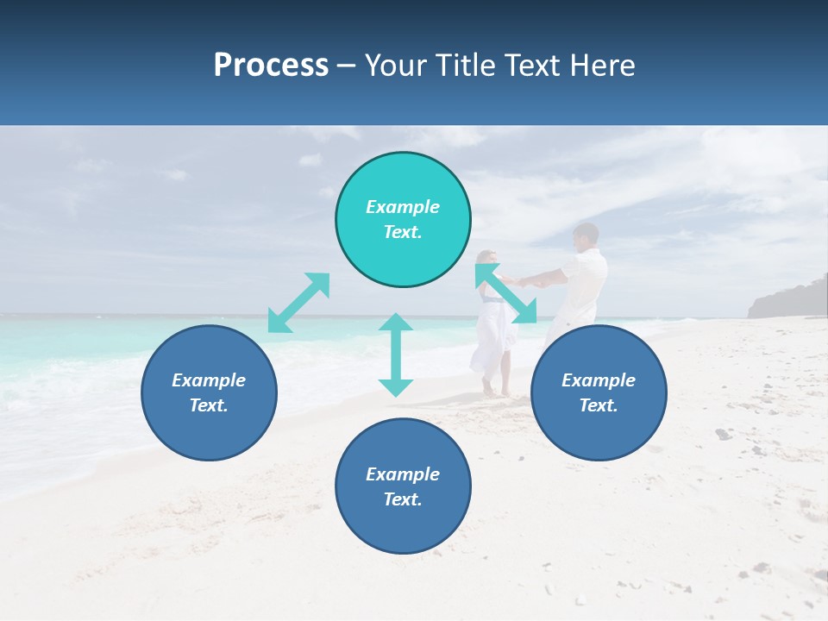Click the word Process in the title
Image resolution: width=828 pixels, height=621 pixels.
click(x=271, y=66)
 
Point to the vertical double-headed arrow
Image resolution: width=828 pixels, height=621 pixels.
click(x=396, y=354)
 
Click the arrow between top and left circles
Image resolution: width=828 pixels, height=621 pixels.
click(x=298, y=303)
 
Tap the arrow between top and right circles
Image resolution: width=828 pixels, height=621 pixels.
click(x=506, y=294)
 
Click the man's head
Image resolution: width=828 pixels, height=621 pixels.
click(x=586, y=235)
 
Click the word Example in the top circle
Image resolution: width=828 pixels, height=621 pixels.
click(x=403, y=207)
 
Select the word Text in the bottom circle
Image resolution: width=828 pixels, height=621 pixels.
click(x=401, y=499)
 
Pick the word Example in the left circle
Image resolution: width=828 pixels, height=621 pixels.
click(x=209, y=380)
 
